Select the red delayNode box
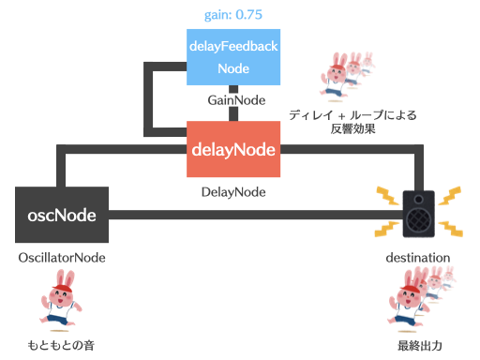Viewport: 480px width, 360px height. [233, 149]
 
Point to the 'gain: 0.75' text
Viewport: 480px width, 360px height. [233, 15]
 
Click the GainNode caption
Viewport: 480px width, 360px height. [233, 99]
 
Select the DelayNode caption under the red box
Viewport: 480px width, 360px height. [233, 192]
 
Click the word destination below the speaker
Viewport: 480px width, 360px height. [418, 257]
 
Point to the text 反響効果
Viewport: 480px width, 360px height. [352, 129]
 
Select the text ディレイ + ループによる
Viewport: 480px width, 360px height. [352, 115]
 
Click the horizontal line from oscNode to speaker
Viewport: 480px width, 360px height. [253, 216]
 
